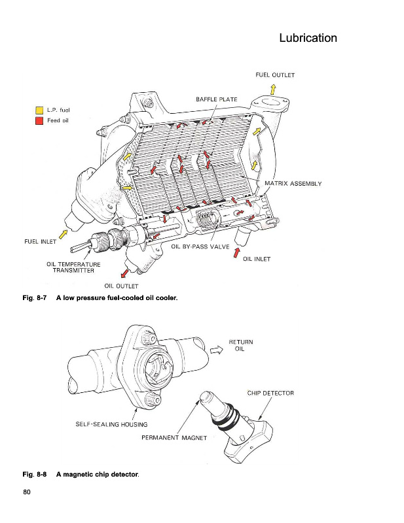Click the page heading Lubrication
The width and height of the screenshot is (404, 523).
308,38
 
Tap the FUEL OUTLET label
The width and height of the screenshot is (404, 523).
275,75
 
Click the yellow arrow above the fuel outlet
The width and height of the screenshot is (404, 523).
272,89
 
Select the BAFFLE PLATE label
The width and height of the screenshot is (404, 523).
216,99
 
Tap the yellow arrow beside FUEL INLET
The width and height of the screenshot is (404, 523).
63,232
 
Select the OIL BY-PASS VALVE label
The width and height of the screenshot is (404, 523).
200,247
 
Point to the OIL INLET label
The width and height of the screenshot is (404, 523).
257,259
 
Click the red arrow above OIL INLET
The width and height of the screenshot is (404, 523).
237,250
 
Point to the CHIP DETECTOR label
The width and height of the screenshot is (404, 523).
270,393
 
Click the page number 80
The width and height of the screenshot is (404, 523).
28,492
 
